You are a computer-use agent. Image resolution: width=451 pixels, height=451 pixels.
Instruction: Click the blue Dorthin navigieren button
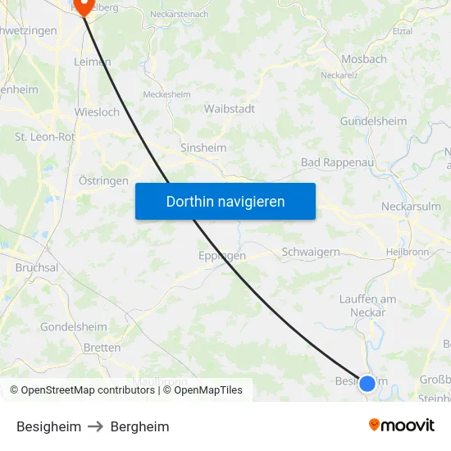pyautogui.click(x=225, y=201)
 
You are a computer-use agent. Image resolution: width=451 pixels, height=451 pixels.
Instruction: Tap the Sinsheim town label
pyautogui.click(x=203, y=148)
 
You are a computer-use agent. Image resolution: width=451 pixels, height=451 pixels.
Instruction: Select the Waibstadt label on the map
pyautogui.click(x=230, y=108)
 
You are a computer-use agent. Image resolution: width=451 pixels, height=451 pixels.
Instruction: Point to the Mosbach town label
pyautogui.click(x=364, y=60)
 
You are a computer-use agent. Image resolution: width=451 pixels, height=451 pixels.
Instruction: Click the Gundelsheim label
pyautogui.click(x=373, y=121)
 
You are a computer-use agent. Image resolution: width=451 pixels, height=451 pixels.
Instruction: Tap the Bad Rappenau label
pyautogui.click(x=337, y=162)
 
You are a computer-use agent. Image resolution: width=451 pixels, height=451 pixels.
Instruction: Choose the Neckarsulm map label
pyautogui.click(x=411, y=207)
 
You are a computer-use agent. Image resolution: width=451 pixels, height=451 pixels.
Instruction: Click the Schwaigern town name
pyautogui.click(x=311, y=252)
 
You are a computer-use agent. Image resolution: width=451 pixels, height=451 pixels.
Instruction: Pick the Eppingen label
pyautogui.click(x=222, y=256)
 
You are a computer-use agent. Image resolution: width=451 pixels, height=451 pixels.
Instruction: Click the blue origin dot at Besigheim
pyautogui.click(x=367, y=383)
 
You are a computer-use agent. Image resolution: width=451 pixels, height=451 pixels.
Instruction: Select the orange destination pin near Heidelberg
pyautogui.click(x=83, y=7)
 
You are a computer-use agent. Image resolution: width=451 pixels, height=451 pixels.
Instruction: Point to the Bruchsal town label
pyautogui.click(x=37, y=267)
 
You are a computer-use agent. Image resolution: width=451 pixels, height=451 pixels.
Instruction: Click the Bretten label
pyautogui.click(x=102, y=348)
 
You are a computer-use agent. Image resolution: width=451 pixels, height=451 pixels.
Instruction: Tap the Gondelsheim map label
pyautogui.click(x=74, y=326)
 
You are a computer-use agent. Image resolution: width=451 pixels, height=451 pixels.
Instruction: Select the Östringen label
pyautogui.click(x=103, y=180)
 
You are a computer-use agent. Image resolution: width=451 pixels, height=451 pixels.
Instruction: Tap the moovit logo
pyautogui.click(x=402, y=426)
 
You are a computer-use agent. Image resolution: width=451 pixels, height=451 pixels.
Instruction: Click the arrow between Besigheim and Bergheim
pyautogui.click(x=96, y=426)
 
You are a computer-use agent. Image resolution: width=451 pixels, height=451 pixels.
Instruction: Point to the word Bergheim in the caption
pyautogui.click(x=139, y=426)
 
